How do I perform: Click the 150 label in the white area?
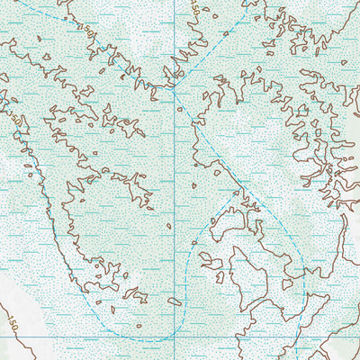click(x=12, y=320)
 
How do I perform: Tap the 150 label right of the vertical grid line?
click(x=195, y=7)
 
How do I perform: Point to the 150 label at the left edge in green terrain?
click(x=15, y=118)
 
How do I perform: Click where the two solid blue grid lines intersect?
click(x=174, y=336)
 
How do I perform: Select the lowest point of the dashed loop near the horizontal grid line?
click(x=148, y=339)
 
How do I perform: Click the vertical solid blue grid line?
click(x=174, y=225)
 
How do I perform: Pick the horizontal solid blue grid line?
click(x=72, y=336)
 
